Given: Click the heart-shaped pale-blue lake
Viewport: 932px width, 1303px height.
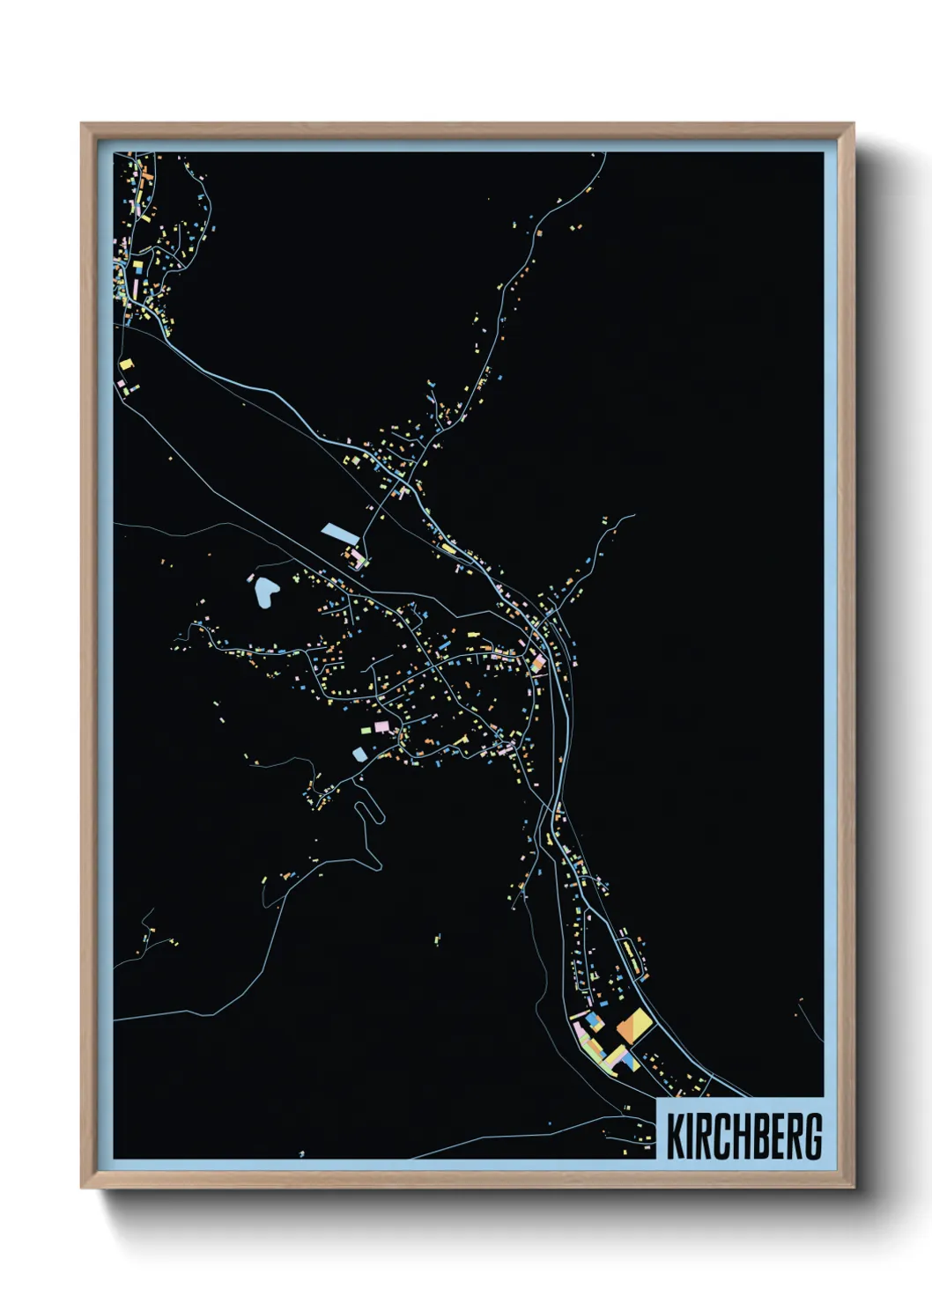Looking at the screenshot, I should (263, 591).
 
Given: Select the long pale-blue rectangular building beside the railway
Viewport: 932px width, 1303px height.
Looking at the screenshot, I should (337, 532).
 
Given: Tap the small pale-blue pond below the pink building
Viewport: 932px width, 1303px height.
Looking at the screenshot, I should (359, 754).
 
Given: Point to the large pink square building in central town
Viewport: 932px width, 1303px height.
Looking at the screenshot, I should (381, 725).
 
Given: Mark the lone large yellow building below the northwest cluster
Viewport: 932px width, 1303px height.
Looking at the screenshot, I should (126, 363).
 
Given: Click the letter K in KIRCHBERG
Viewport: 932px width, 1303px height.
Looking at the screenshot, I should (676, 1137).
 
